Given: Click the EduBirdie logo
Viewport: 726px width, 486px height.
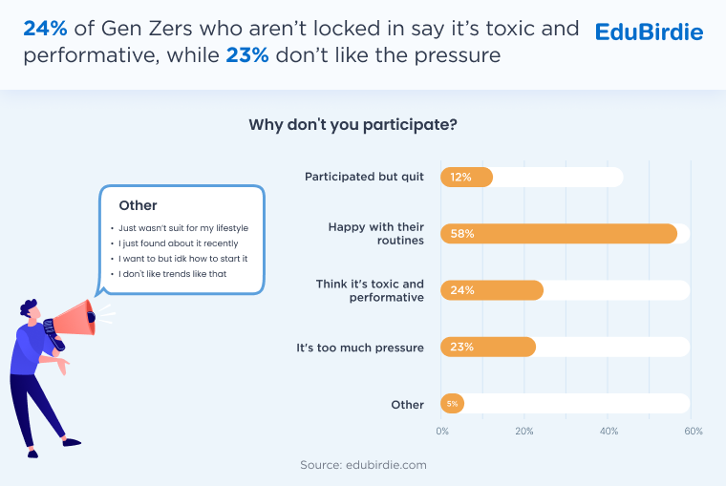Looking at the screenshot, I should point(649,32).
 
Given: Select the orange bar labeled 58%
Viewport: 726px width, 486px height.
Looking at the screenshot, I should point(559,234).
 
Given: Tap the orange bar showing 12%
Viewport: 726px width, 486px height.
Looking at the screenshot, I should point(466,177).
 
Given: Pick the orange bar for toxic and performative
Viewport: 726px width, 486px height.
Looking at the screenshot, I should point(492,290).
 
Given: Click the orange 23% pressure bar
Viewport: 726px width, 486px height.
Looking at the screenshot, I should point(488,348).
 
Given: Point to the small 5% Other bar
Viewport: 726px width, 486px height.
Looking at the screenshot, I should point(452,404).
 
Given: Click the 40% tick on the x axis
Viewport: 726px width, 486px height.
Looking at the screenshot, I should point(609,432).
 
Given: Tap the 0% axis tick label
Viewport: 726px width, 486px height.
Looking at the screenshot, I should point(442,432).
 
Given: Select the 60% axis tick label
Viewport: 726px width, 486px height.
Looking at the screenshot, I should point(693,432).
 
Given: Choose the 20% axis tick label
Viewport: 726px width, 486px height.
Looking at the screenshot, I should point(524,432).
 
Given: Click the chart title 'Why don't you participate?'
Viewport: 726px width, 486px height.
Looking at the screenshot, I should point(352,124).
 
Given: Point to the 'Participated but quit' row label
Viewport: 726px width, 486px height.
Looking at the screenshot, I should point(364,177).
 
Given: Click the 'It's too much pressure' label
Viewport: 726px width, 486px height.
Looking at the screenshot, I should point(360,348).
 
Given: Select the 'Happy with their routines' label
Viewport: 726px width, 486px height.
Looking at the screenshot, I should point(375,233).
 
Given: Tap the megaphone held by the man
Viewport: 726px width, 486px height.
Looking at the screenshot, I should point(75,318).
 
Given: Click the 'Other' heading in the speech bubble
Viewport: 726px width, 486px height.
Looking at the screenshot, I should point(138,205).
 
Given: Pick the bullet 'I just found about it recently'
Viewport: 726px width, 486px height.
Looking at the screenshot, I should point(180,243).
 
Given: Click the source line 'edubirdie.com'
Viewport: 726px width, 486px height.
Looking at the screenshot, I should point(362,465).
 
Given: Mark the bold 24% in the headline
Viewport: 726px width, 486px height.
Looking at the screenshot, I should point(46,29).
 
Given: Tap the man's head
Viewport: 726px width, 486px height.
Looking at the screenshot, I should point(30,313).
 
